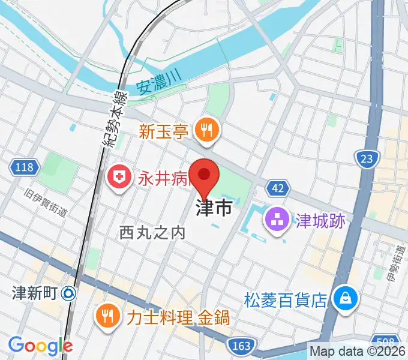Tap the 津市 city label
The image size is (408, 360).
213,208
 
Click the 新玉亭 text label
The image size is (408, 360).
164,130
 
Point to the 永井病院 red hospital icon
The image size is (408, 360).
118,177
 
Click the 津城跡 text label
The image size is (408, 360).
320,220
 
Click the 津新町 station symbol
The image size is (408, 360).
68,293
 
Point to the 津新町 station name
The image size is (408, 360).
34,293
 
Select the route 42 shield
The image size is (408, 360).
277,188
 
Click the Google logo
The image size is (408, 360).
40,346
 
